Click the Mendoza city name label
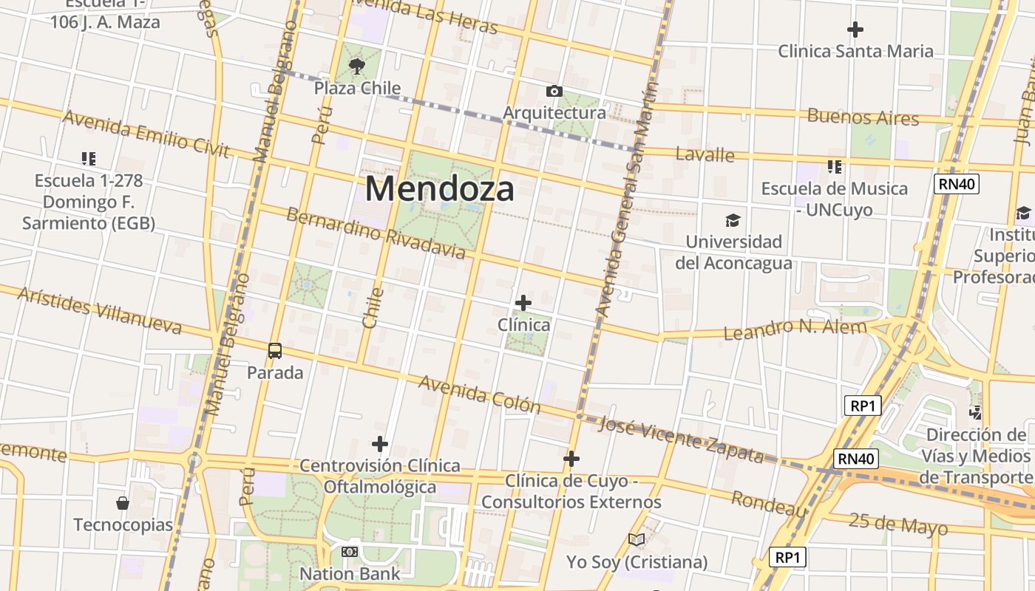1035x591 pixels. coord(439,188)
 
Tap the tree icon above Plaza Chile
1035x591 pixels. coord(357,66)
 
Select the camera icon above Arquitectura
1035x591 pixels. coord(554,92)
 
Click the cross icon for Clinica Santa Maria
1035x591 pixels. coord(855,30)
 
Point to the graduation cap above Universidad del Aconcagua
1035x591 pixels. coord(733,220)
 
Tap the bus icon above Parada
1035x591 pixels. coord(275,351)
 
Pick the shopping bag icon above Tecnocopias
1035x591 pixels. coord(123,503)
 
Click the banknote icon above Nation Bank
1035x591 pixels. coord(350,552)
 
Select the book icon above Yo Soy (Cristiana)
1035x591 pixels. coord(637,540)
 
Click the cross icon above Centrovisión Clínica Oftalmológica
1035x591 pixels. coord(380,444)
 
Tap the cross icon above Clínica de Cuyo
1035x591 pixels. coord(571,459)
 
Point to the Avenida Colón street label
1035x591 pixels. coord(480,393)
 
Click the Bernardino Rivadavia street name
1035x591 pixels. coord(376,233)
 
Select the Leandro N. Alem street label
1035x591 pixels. coord(795,329)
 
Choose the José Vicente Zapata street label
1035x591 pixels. coord(680,437)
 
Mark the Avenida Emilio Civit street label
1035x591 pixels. coord(146,134)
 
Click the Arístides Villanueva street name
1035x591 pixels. coord(99,310)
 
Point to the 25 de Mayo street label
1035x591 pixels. coord(897,523)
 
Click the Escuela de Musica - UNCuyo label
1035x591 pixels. coord(835,199)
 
